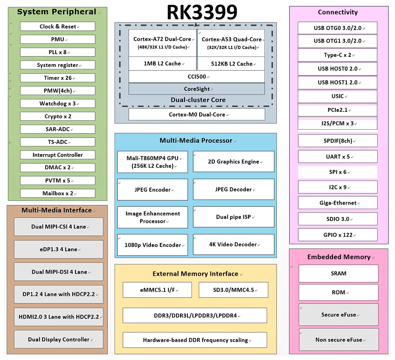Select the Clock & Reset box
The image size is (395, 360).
[x=58, y=26]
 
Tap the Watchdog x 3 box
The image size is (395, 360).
[x=58, y=104]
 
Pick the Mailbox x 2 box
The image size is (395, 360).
[x=58, y=193]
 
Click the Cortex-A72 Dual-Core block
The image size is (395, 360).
[x=162, y=43]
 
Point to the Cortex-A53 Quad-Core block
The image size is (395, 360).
[x=231, y=43]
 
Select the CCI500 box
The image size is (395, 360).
[x=197, y=76]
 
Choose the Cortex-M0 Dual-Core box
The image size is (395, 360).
[x=197, y=115]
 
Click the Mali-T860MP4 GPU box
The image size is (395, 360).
[x=152, y=162]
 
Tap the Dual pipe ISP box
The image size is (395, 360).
[x=233, y=217]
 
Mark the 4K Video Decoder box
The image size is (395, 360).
[x=233, y=244]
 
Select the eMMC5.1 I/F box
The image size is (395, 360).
[x=157, y=290]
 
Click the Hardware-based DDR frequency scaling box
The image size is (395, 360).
[x=195, y=340]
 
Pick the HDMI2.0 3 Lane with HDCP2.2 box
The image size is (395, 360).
[x=58, y=317]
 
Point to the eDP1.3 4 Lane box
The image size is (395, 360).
[x=58, y=249]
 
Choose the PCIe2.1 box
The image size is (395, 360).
[x=337, y=110]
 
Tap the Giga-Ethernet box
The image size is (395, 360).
[x=337, y=203]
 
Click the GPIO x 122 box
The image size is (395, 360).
[x=337, y=235]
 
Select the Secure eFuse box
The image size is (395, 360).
[x=339, y=315]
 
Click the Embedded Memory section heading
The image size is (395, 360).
[x=339, y=257]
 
